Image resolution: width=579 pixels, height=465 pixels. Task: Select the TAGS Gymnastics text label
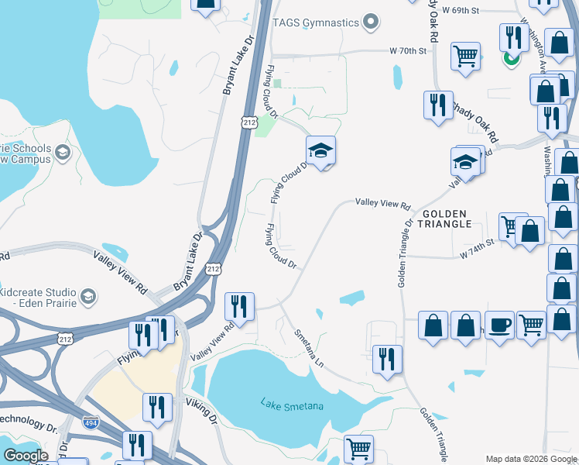point(317,22)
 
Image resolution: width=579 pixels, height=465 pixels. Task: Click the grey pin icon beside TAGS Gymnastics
point(372,22)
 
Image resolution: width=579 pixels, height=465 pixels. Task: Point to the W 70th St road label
point(408,51)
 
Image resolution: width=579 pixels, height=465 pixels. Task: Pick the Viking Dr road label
point(201,409)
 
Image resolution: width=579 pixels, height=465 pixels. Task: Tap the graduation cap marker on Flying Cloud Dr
point(320,150)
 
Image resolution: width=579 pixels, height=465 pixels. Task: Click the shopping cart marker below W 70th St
point(465,55)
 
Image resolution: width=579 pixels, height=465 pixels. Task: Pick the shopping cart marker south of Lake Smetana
point(358,448)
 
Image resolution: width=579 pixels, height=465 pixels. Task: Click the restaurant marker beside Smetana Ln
point(387,358)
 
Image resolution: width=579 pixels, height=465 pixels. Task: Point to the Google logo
point(25,456)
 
